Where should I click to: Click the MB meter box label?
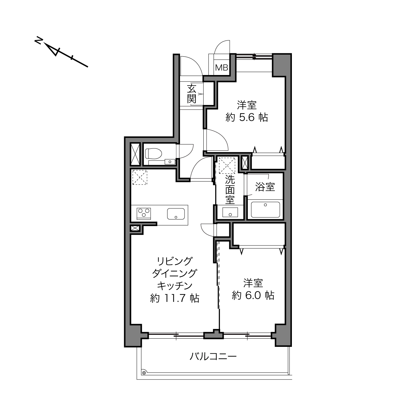(x=221, y=68)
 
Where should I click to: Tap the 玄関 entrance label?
(x=192, y=94)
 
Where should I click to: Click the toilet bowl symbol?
(x=153, y=153)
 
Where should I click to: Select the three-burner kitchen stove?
(x=144, y=214)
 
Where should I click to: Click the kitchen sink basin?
(x=176, y=214)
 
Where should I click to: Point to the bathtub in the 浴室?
(x=265, y=210)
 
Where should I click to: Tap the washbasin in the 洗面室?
(x=230, y=212)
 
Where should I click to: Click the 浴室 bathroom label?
(x=265, y=187)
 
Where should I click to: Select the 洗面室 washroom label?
(x=230, y=190)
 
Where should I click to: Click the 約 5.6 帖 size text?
(x=247, y=117)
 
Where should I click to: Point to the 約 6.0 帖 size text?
(x=253, y=296)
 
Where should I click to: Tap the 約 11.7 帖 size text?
(x=175, y=298)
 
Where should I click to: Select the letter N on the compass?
(x=39, y=40)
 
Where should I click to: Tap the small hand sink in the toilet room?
(x=169, y=162)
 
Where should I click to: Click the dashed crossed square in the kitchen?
(x=140, y=177)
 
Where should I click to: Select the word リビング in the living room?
(x=175, y=261)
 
